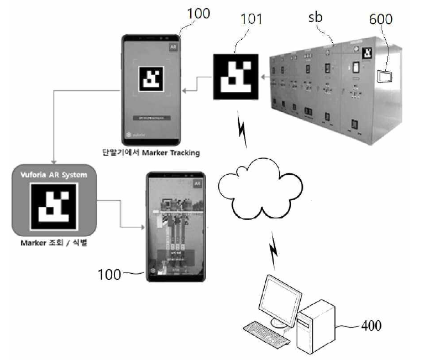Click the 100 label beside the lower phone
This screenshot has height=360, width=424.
click(109, 274)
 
